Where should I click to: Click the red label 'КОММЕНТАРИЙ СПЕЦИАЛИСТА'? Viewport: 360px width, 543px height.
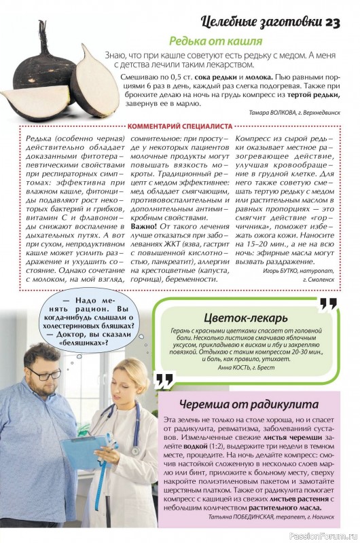point(180,126)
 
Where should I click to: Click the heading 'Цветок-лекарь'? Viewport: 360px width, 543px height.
point(245,318)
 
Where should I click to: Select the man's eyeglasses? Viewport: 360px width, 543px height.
point(45,373)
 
